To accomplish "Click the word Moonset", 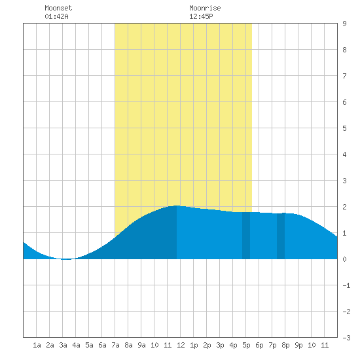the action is (58, 8).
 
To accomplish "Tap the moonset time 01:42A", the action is (56, 16).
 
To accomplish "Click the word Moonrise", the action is (205, 8).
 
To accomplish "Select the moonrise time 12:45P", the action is (201, 16).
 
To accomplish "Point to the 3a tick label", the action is (63, 345).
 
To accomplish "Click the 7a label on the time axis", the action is (115, 345).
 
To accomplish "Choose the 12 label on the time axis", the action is (181, 345).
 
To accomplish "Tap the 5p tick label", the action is (246, 345).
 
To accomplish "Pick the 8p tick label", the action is (285, 345).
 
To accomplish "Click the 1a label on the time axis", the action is (37, 345).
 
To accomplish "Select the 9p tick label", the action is (298, 345).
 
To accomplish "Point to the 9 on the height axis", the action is (344, 24).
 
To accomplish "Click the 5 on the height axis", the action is (344, 128).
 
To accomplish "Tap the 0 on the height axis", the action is (344, 259).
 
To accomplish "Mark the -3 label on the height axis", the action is (346, 338).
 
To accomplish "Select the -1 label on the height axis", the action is (346, 285).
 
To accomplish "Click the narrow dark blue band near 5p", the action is (246, 236).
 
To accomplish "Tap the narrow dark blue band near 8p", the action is (281, 236).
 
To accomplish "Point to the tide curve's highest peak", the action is (176, 206).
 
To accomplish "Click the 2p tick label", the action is (207, 345).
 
